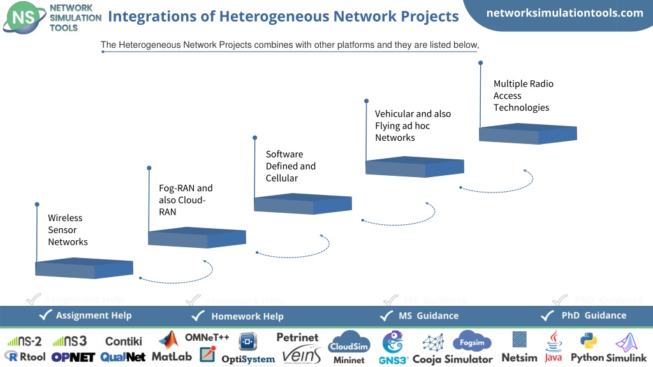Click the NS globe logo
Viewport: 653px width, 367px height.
[24, 17]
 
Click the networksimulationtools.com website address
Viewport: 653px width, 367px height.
[565, 13]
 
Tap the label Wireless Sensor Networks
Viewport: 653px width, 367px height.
[68, 229]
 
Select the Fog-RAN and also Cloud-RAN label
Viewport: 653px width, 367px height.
[186, 199]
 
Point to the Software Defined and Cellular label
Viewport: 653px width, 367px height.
[291, 166]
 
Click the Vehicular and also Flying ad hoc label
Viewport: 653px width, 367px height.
[413, 126]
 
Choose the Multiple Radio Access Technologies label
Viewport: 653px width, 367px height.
[524, 96]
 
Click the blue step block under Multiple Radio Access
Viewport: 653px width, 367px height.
[527, 134]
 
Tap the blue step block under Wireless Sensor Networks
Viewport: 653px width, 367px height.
[84, 268]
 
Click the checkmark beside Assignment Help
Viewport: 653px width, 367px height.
[45, 315]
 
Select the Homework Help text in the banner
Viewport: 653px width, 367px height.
[247, 316]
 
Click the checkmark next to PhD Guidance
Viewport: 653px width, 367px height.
[547, 316]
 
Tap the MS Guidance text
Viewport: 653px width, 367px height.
[429, 316]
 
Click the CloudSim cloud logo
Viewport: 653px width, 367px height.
[349, 342]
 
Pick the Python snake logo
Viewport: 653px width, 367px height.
[589, 341]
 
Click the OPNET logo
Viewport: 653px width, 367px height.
[73, 357]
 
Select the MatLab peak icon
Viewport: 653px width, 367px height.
[168, 340]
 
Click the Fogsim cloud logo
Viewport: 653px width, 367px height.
[472, 342]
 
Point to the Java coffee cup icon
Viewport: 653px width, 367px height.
[554, 342]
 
